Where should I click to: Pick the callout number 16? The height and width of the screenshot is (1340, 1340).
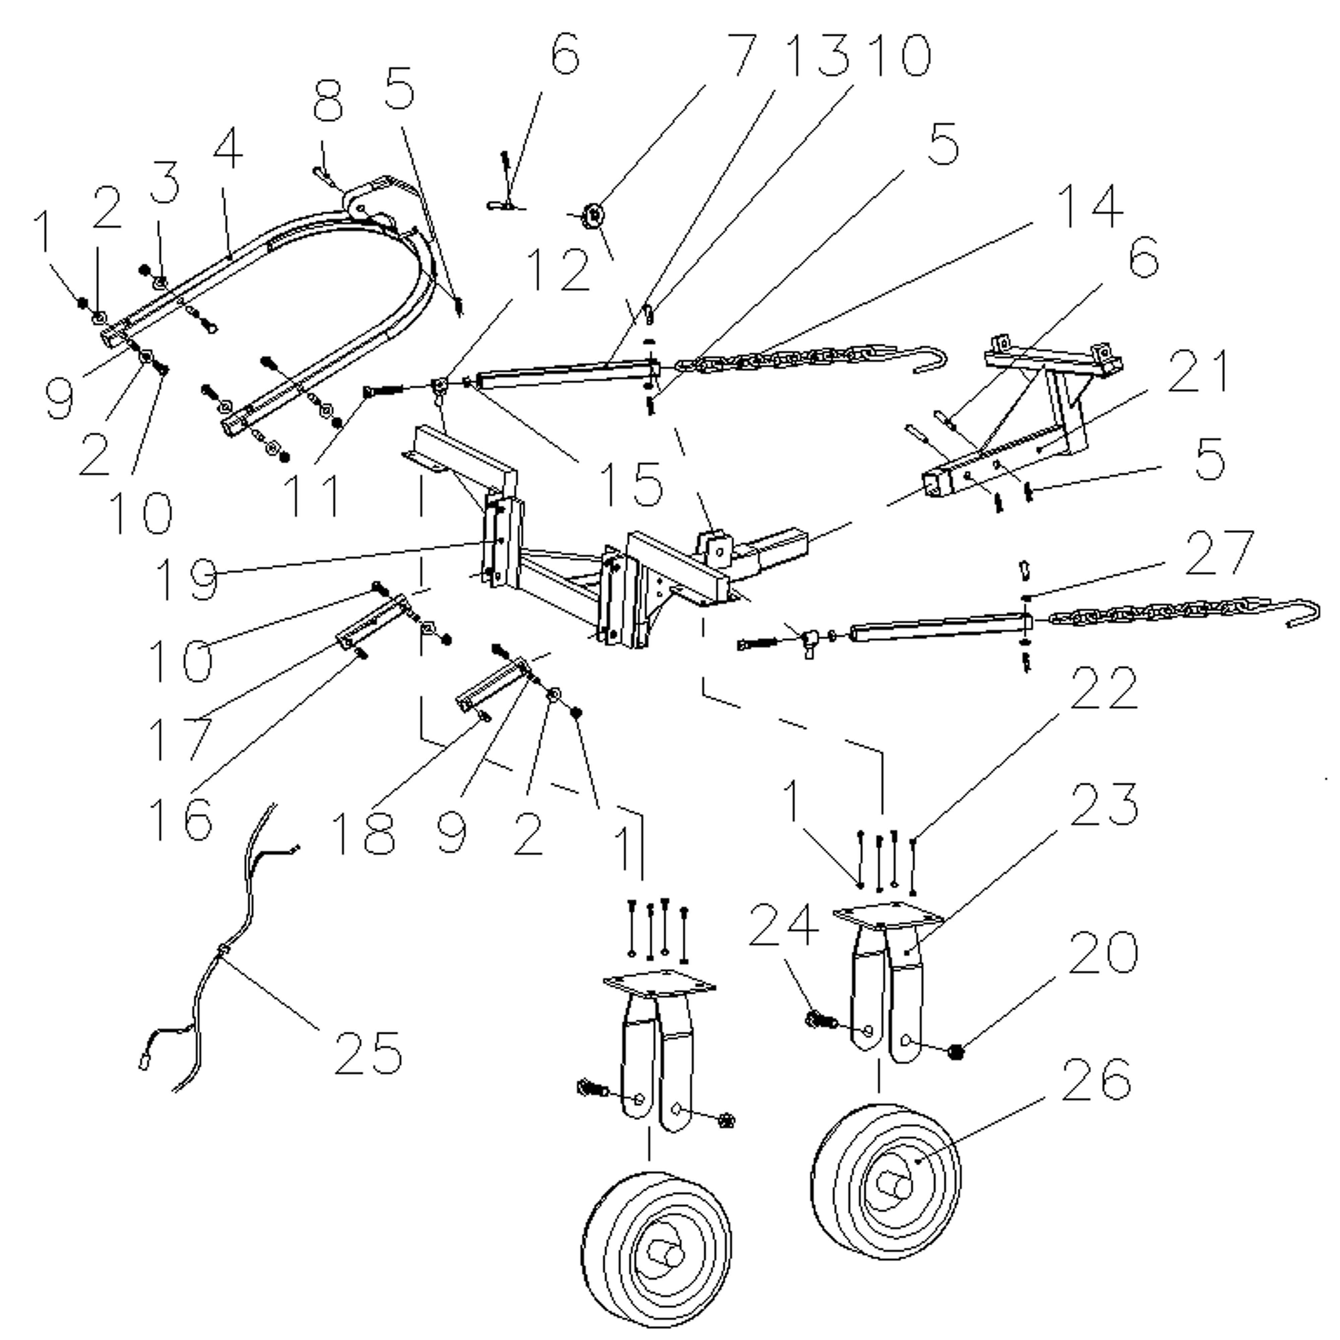click(x=180, y=818)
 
